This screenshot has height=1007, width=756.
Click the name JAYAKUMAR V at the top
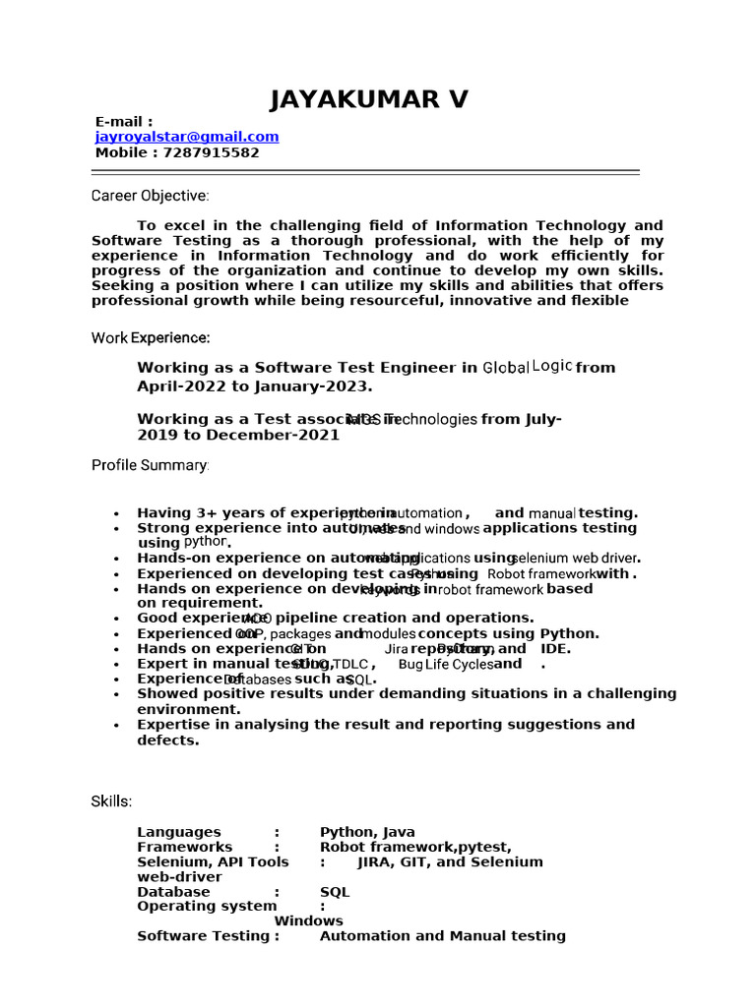[370, 99]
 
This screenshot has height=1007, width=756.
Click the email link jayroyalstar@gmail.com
[187, 138]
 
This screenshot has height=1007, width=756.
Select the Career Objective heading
[150, 195]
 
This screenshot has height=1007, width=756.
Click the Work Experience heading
[150, 338]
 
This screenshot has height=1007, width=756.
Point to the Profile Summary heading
[150, 464]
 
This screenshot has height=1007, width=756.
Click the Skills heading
[111, 801]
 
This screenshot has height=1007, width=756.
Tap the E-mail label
[124, 122]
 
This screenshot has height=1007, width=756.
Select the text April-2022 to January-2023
[255, 385]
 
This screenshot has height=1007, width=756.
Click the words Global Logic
[527, 367]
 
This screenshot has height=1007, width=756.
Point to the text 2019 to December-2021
[238, 435]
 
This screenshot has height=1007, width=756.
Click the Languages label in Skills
[179, 832]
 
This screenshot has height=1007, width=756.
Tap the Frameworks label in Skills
[185, 847]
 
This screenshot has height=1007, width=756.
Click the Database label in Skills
[173, 891]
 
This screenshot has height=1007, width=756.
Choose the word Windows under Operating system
[308, 920]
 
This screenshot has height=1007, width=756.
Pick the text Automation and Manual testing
[442, 935]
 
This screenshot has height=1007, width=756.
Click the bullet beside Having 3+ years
[117, 513]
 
